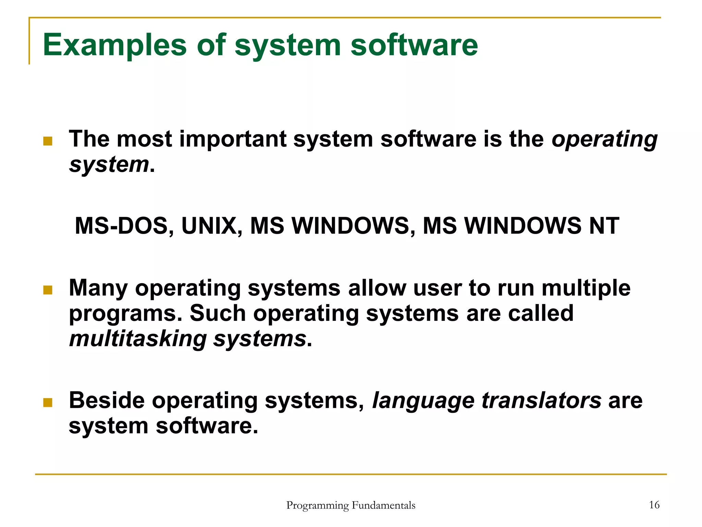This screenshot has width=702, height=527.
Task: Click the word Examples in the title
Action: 114,45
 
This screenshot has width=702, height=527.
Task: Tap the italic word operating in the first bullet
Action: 604,140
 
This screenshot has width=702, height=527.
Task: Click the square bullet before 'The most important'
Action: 48,141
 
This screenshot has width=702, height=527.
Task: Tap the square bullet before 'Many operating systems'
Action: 48,290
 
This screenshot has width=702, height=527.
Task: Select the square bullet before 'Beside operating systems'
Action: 48,402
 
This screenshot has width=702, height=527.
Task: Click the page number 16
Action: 654,505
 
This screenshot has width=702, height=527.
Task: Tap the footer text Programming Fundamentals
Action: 351,505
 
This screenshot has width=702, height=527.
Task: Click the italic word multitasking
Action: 138,339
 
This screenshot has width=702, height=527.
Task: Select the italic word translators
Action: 541,400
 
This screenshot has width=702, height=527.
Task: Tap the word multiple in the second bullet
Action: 586,288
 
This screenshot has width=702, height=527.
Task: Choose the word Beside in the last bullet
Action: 107,400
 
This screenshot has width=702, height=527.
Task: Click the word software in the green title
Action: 414,45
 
